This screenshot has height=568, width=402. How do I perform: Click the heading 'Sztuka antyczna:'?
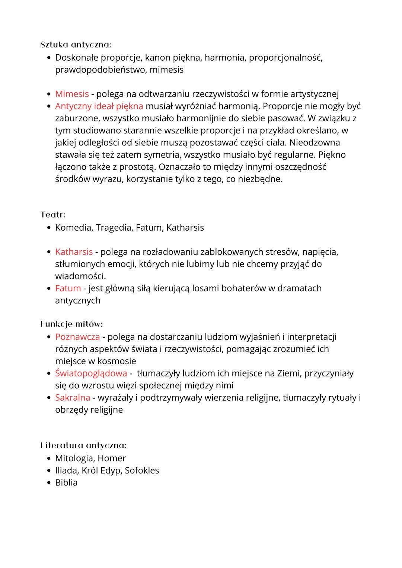[76, 45]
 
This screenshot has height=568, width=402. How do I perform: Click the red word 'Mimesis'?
[72, 94]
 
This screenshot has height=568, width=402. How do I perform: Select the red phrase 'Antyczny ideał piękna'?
[99, 106]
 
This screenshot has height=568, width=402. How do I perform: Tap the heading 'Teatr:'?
[53, 215]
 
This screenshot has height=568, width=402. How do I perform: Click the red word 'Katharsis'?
[74, 252]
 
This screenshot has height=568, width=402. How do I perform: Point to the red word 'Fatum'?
[68, 288]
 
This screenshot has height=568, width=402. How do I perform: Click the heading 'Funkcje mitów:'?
[71, 324]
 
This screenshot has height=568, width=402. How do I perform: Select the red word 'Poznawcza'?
[77, 337]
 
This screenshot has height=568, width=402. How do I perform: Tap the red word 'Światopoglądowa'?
[91, 373]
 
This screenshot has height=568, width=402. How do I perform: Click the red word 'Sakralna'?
[73, 398]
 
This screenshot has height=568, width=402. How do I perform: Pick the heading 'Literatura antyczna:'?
[83, 445]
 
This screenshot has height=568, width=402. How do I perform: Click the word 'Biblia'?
[66, 483]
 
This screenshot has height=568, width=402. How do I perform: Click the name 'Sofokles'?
[142, 471]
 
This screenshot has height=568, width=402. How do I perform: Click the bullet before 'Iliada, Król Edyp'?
[49, 471]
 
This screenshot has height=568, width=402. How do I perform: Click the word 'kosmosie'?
[117, 361]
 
